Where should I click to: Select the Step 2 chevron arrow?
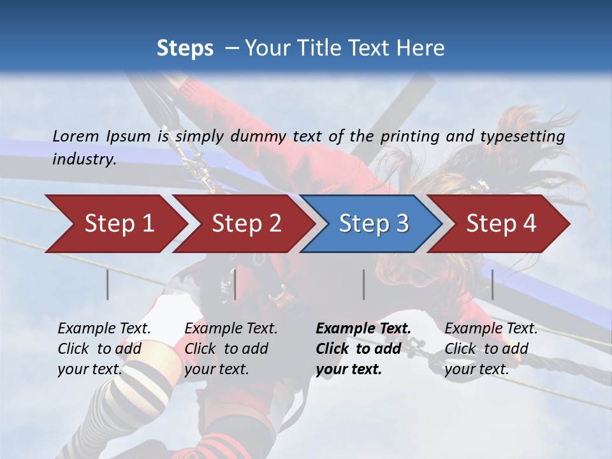click(246, 224)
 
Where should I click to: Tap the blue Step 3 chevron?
click(374, 224)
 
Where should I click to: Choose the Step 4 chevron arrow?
click(501, 224)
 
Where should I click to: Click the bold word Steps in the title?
click(185, 48)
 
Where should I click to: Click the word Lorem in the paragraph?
click(76, 136)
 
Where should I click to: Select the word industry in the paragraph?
click(84, 159)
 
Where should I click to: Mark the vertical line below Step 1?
click(108, 284)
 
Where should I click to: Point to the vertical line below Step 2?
click(235, 284)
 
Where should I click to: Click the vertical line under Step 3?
click(363, 284)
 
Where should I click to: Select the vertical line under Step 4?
click(492, 284)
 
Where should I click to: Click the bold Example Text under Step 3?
click(363, 329)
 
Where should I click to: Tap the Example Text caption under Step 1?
click(104, 329)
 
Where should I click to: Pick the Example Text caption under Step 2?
click(231, 329)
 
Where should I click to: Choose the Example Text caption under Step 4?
click(491, 329)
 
